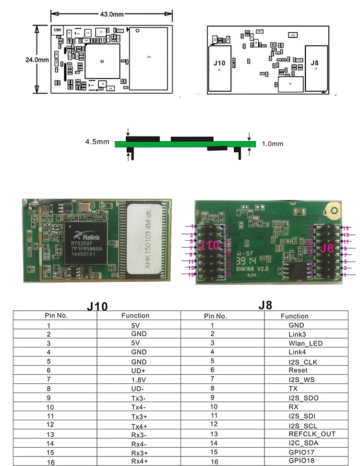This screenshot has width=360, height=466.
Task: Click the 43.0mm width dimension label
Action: (112, 14)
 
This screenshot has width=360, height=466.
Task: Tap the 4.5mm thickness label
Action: (97, 142)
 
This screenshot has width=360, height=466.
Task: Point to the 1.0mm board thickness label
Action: (273, 144)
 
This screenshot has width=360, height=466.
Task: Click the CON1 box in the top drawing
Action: (58, 30)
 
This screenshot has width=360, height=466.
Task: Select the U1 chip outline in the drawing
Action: (102, 61)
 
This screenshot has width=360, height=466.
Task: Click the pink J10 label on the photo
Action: (210, 245)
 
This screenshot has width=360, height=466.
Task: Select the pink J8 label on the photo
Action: (326, 248)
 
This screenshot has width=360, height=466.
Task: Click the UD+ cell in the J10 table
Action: (135, 370)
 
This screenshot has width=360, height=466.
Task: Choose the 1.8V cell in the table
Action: (135, 379)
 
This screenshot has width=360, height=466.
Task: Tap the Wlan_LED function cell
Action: (305, 343)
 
